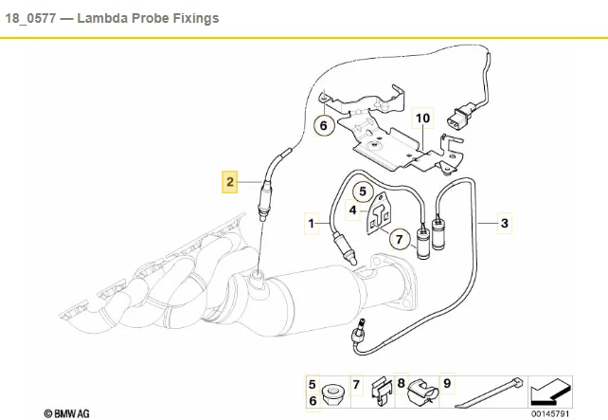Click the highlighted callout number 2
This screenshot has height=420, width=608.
tap(230, 182)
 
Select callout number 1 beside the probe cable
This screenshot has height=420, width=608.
tap(312, 223)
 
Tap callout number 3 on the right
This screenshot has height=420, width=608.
tap(505, 223)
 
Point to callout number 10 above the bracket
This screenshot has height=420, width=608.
tap(422, 118)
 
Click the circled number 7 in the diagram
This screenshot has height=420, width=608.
tap(400, 239)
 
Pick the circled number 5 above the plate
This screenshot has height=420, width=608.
tap(363, 192)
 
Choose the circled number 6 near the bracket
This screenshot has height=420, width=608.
tap(324, 125)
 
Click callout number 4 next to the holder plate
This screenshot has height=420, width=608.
tap(352, 210)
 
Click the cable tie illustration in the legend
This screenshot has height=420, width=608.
tap(489, 393)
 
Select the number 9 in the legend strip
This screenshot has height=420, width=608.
tap(447, 384)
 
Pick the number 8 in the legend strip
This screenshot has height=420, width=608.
tap(402, 384)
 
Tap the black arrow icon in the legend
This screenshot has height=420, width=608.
tap(550, 393)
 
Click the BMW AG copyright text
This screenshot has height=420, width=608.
tap(66, 413)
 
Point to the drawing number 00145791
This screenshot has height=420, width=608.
tap(550, 413)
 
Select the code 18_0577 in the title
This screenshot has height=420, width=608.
tap(30, 18)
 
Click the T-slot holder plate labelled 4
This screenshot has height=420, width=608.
tap(379, 214)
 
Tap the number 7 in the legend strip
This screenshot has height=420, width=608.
tap(356, 384)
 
